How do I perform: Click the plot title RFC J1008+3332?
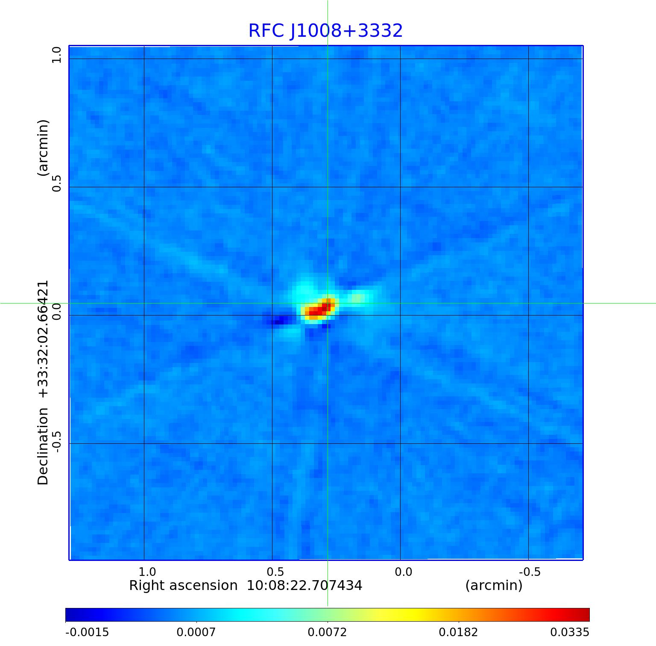[x=325, y=31]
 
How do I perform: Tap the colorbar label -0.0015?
[x=87, y=632]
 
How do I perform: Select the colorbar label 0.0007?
[x=196, y=632]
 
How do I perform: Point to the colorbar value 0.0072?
[x=328, y=632]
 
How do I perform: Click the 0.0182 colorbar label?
[x=459, y=632]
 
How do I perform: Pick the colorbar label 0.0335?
[x=570, y=632]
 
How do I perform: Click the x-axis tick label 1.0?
[x=147, y=572]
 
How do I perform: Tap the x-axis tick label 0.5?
[x=275, y=572]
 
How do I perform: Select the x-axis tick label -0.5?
[x=530, y=572]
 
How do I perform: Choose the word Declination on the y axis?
[x=43, y=446]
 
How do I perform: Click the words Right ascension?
[x=183, y=586]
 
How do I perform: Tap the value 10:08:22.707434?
[x=305, y=586]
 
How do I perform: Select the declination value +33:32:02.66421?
[x=43, y=339]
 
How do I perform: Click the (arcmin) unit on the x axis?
[x=494, y=586]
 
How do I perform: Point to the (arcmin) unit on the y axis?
[x=43, y=148]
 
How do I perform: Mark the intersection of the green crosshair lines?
[x=328, y=303]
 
